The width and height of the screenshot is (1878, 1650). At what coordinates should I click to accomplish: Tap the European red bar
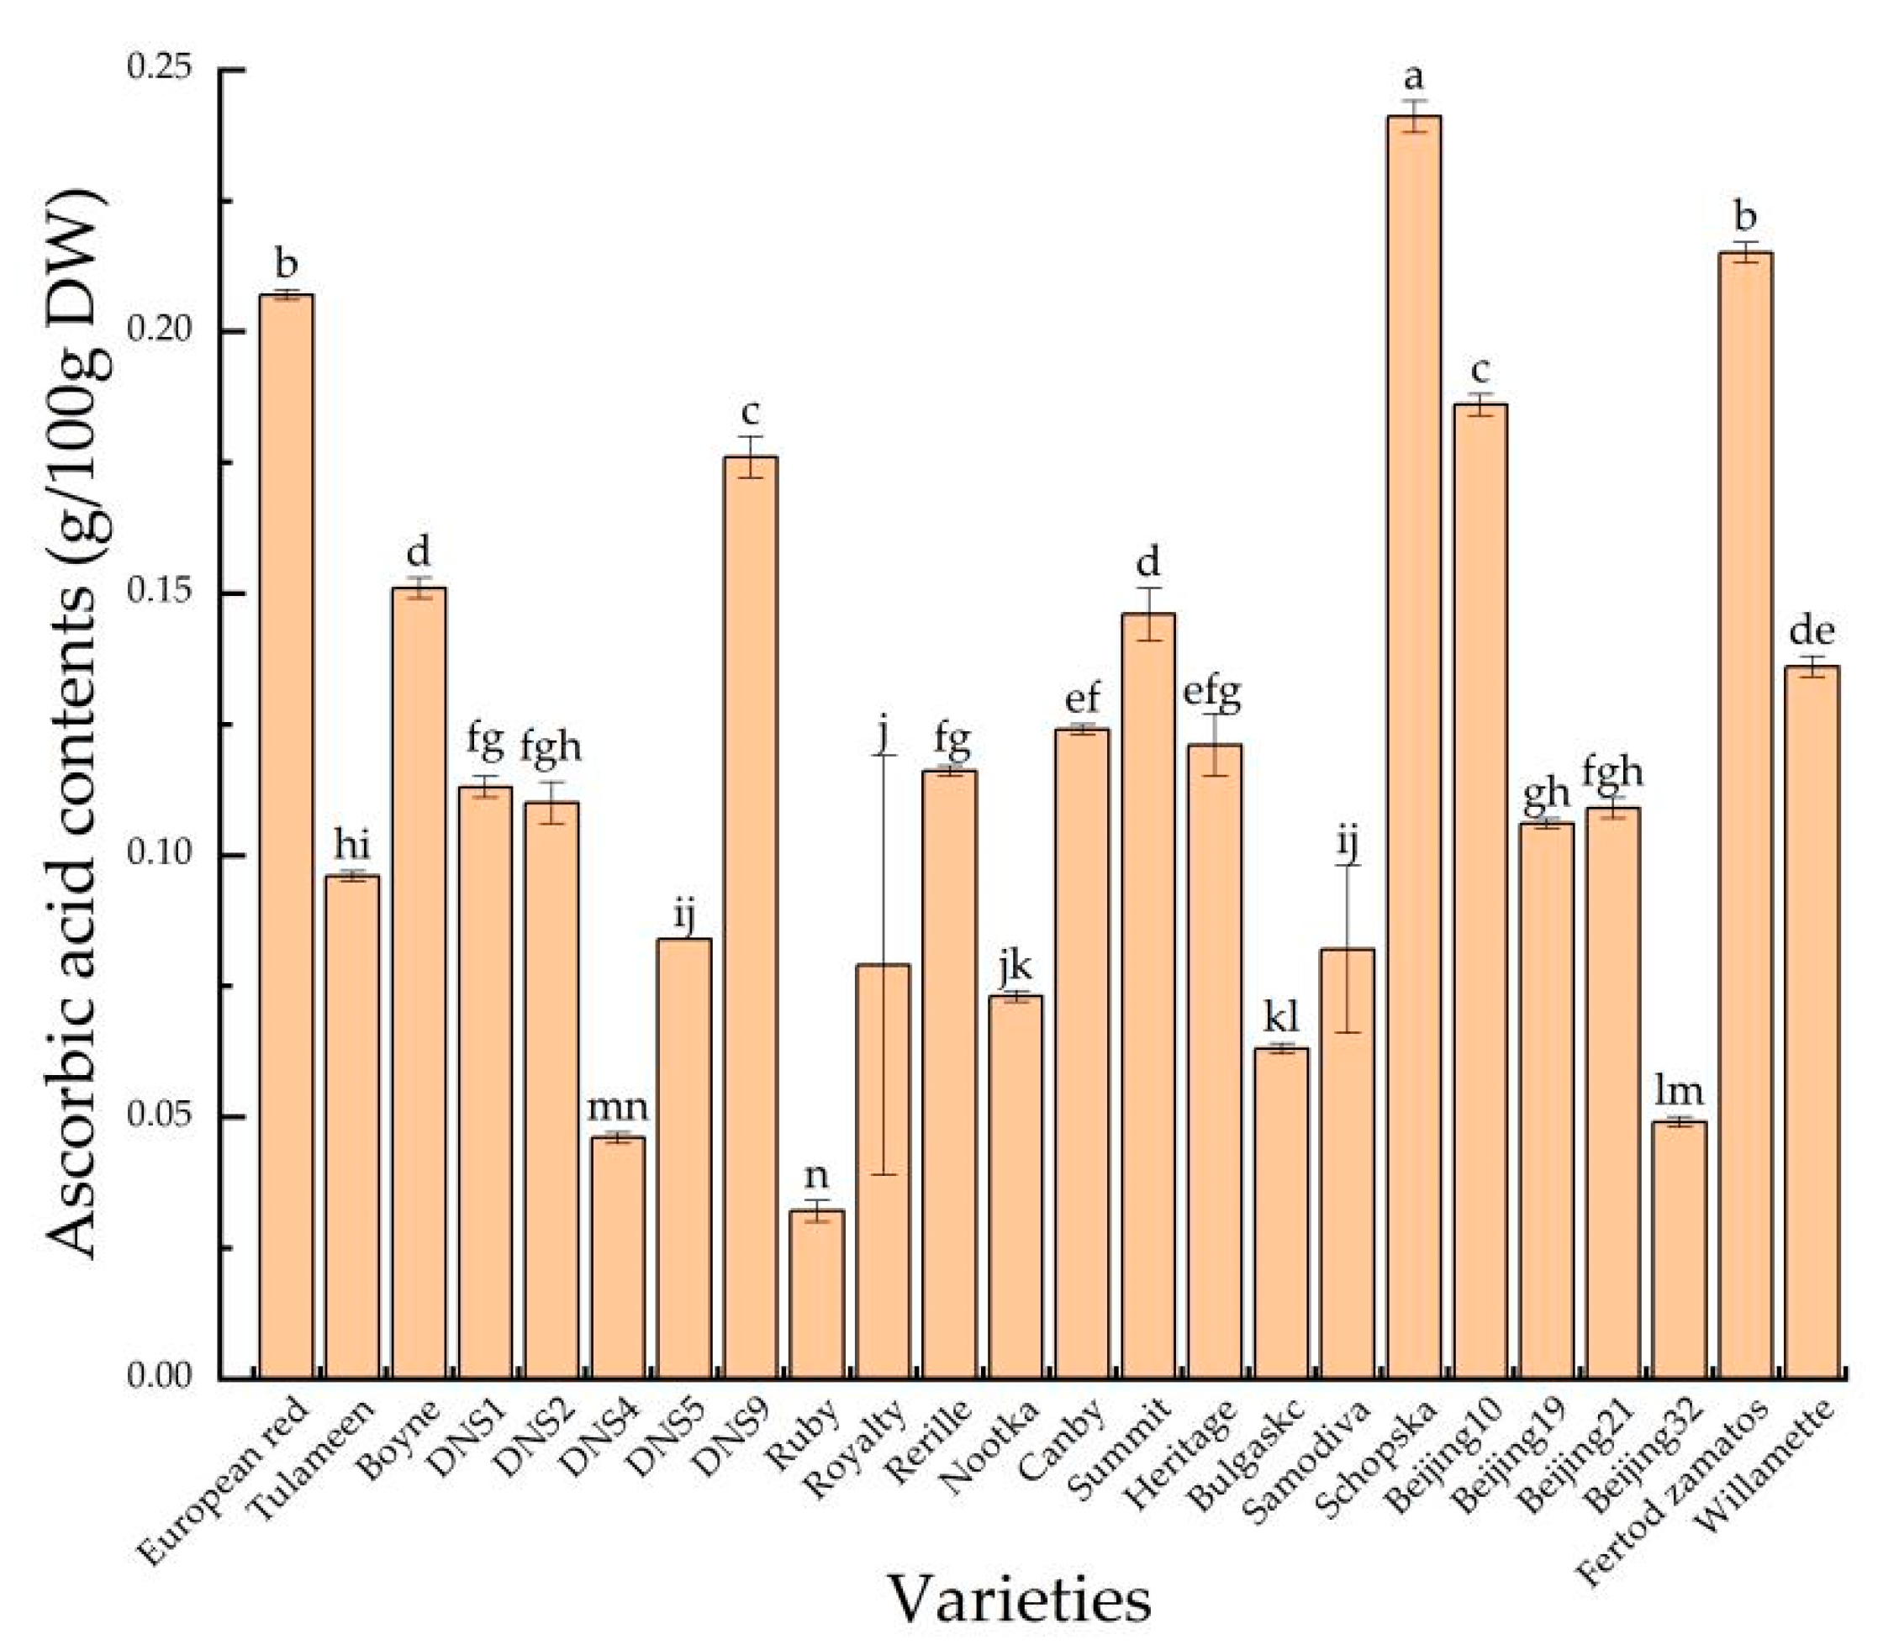coord(287,836)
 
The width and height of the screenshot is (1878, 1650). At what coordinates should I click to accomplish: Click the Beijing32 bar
coord(1680,1249)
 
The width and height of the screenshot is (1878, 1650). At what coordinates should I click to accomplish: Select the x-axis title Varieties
coord(1019,1600)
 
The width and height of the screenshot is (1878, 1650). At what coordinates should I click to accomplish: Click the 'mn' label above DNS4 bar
coord(619,1105)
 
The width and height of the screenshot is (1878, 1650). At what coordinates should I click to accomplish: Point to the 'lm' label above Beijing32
coord(1680,1090)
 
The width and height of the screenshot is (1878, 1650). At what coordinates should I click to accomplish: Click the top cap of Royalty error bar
coord(883,754)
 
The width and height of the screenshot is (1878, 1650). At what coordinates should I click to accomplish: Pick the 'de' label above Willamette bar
coord(1812,631)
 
